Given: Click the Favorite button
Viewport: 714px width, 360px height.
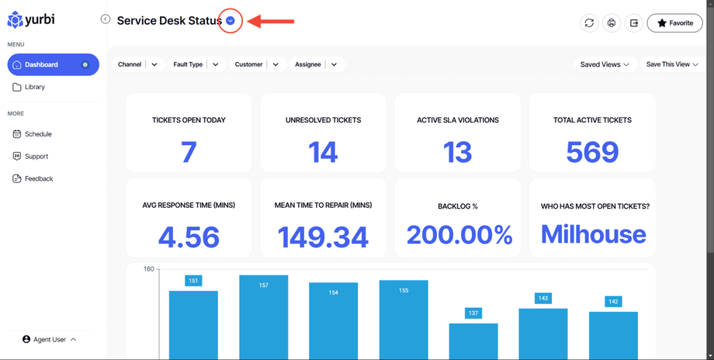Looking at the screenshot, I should pos(674,23).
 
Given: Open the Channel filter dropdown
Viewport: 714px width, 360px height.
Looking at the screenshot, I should pos(138,64).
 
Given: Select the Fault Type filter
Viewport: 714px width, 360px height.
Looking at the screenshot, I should pos(196,64).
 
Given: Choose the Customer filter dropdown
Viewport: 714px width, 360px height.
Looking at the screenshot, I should pos(256,64).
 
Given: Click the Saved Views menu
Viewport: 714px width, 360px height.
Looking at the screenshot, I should pos(604,64).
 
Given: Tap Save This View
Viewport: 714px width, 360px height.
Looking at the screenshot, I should pos(671,64).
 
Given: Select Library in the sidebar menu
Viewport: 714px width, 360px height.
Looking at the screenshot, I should pos(35,87).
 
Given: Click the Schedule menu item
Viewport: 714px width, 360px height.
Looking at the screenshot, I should pos(37,134).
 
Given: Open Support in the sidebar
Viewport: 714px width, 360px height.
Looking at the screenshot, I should pos(36,156).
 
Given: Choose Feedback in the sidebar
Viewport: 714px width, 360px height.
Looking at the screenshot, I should pos(38,178).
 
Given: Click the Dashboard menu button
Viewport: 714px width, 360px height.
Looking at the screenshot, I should pos(53,64).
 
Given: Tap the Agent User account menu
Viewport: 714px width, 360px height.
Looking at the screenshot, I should pos(50,339).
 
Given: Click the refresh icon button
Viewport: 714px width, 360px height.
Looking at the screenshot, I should pos(589,23).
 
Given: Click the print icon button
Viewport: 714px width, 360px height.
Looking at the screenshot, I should pos(612,23).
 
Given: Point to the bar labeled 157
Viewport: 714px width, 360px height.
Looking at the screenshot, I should pos(263,318).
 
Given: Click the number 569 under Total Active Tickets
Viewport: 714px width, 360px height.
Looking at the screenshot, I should pos(592,152).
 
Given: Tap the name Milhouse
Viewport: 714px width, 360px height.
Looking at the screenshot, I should pos(593,234).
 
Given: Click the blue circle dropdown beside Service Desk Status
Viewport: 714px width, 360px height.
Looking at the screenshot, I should pos(230,21).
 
